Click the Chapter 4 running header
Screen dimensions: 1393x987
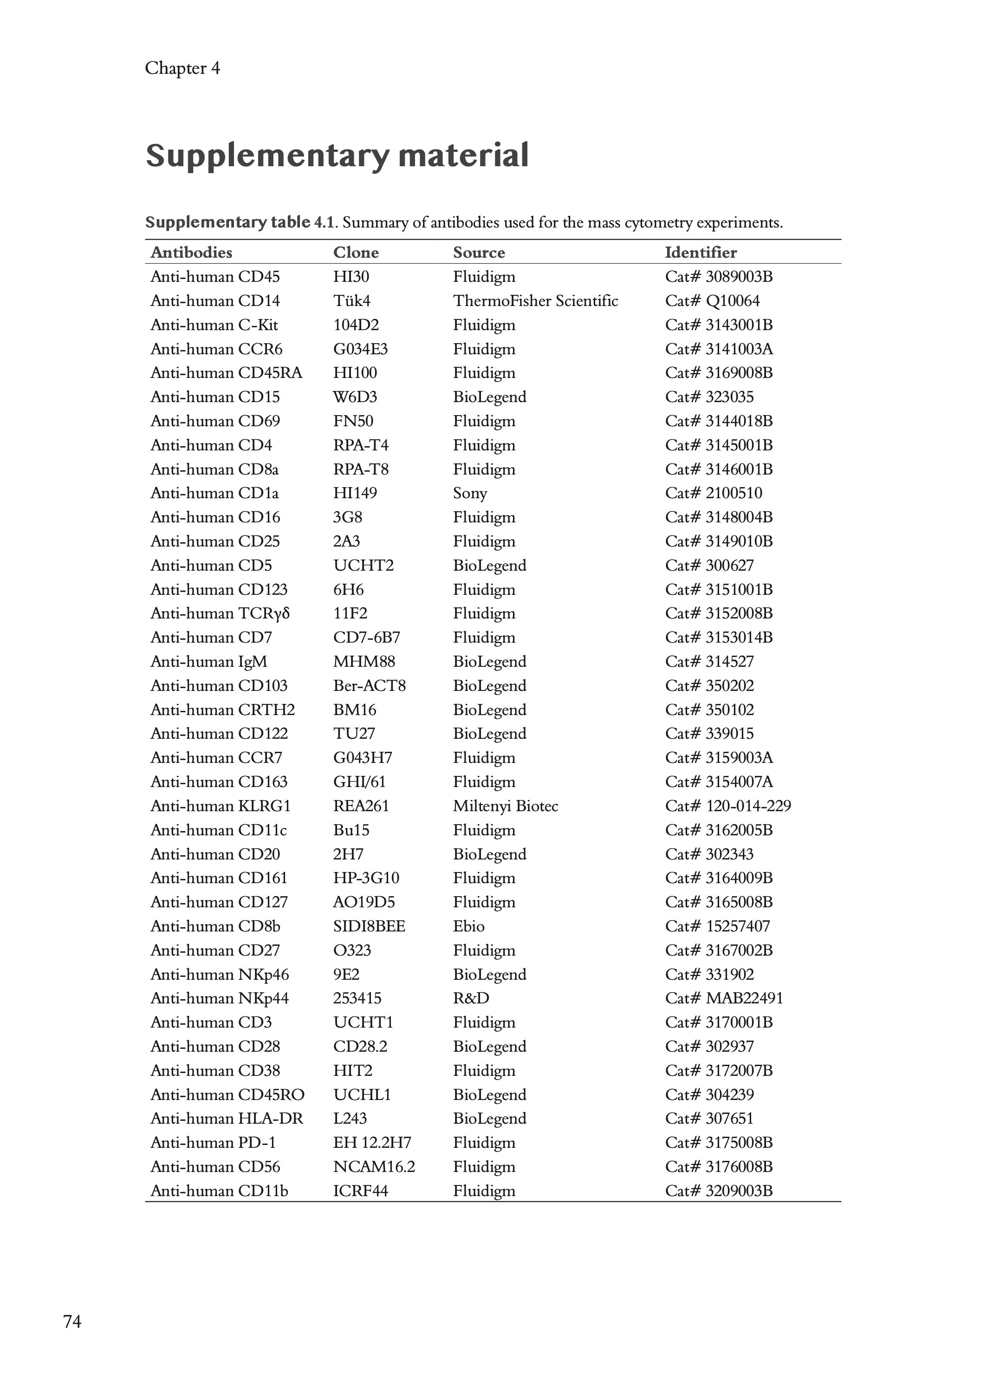[x=182, y=68]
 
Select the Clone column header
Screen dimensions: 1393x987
[x=356, y=252]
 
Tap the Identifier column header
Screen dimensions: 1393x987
[x=701, y=252]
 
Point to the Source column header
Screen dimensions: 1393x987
[x=479, y=252]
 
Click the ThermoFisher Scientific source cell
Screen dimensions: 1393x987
[x=535, y=301]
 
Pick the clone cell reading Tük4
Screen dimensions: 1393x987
[x=351, y=301]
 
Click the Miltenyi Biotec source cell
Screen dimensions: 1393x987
[x=505, y=806]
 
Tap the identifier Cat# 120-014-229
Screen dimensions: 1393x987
[x=728, y=806]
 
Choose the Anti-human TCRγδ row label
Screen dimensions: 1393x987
[x=220, y=613]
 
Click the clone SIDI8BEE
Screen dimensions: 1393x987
[x=369, y=926]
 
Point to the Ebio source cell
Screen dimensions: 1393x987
[x=468, y=926]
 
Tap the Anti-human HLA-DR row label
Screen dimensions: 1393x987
[x=227, y=1118]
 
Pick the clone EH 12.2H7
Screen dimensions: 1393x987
[x=372, y=1143]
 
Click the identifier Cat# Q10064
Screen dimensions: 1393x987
[x=712, y=301]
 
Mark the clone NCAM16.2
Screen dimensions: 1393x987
[x=374, y=1166]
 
